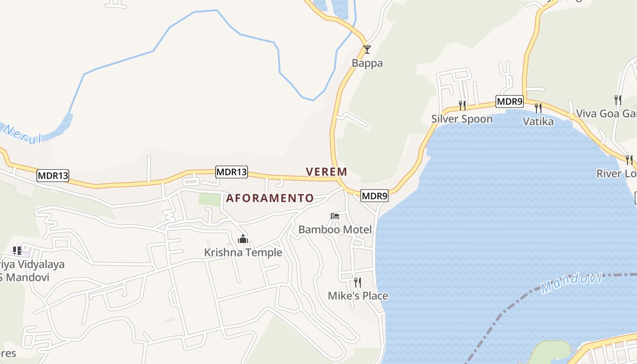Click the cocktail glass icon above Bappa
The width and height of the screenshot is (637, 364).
click(x=367, y=49)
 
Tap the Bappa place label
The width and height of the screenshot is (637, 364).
click(x=367, y=63)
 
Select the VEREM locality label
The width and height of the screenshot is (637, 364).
click(x=326, y=172)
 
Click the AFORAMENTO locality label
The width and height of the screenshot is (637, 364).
click(x=270, y=198)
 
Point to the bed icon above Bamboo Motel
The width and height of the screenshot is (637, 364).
click(x=335, y=216)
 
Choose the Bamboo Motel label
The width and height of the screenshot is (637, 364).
click(x=335, y=229)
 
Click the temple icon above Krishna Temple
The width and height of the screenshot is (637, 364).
click(x=243, y=239)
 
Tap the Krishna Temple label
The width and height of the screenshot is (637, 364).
click(x=243, y=253)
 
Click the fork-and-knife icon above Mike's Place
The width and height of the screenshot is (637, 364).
click(x=358, y=283)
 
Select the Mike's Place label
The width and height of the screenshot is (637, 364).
click(x=358, y=296)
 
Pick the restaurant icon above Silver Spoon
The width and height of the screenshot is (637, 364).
click(x=462, y=106)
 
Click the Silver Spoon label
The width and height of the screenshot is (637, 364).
click(x=462, y=119)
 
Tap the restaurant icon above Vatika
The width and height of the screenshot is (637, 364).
click(x=538, y=108)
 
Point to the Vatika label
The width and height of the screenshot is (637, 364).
click(x=538, y=121)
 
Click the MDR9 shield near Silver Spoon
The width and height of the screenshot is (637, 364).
click(x=510, y=102)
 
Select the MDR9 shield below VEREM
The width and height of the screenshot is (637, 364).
click(x=374, y=196)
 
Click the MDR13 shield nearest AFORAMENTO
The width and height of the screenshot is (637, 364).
click(x=232, y=172)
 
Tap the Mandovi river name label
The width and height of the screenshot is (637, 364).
click(x=571, y=282)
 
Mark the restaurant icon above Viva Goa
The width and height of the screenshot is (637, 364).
click(x=618, y=100)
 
